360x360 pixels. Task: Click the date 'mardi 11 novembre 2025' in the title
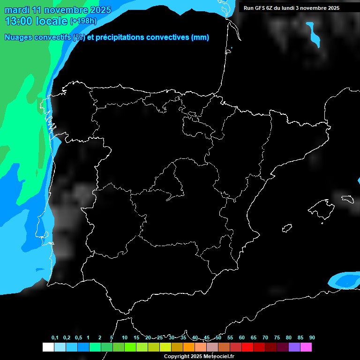pyautogui.click(x=58, y=10)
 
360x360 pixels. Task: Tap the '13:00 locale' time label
pyautogui.click(x=36, y=21)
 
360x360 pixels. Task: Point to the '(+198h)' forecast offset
pyautogui.click(x=83, y=21)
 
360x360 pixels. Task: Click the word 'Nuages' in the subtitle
pyautogui.click(x=18, y=37)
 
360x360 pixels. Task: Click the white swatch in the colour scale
pyautogui.click(x=48, y=347)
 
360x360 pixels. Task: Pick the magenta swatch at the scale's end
pyautogui.click(x=306, y=347)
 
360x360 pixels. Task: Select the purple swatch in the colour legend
pyautogui.click(x=294, y=347)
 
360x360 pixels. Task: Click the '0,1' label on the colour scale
pyautogui.click(x=55, y=338)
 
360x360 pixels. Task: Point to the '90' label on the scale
pyautogui.click(x=312, y=338)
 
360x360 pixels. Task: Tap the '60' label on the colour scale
pyautogui.click(x=242, y=338)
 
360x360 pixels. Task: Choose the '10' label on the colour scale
pyautogui.click(x=125, y=338)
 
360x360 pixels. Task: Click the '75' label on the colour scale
pyautogui.click(x=277, y=338)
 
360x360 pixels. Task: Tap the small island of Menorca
pyautogui.click(x=347, y=199)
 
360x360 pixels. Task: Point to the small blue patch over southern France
pyautogui.click(x=313, y=34)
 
